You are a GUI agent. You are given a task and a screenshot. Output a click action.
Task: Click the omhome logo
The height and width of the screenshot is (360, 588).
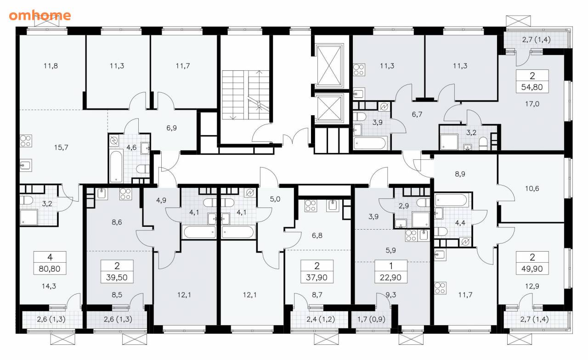(x=40, y=16)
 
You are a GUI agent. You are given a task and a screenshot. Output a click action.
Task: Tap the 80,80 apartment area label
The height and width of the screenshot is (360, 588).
(x=49, y=269)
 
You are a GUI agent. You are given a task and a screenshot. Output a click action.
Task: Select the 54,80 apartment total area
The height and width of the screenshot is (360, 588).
(x=532, y=87)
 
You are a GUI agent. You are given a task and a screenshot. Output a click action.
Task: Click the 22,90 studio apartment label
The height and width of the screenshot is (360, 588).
(x=390, y=277)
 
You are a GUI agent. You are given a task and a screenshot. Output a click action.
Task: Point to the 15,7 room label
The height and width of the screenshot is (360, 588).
(x=61, y=147)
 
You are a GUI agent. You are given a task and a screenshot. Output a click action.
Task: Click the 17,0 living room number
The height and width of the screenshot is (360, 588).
(x=532, y=104)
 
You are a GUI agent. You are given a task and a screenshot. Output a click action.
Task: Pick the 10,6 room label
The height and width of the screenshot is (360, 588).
(x=532, y=188)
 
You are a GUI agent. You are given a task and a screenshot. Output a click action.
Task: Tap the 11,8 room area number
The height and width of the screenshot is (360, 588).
(x=51, y=66)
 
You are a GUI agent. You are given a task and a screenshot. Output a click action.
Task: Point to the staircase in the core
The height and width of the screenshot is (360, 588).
(x=246, y=95)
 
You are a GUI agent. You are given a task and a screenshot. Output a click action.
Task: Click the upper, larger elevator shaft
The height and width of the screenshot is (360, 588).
(x=329, y=66)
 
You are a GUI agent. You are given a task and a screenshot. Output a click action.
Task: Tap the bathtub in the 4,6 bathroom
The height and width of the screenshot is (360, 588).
(x=116, y=166)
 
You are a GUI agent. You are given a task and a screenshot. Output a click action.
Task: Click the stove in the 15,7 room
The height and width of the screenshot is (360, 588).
(x=26, y=141)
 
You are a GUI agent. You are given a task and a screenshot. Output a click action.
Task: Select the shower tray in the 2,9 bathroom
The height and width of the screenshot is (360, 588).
(x=420, y=220)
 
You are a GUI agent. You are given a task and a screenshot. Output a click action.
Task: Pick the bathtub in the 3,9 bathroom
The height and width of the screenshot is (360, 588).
(x=370, y=143)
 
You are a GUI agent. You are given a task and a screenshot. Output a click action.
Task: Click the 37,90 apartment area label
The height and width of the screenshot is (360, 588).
(x=317, y=277)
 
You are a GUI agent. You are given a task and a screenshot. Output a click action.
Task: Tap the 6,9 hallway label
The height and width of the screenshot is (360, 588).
(x=171, y=128)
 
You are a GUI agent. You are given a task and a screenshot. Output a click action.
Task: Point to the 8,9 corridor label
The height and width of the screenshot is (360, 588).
(x=460, y=174)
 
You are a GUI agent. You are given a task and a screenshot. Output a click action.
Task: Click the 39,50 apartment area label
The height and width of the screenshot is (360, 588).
(x=117, y=277)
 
